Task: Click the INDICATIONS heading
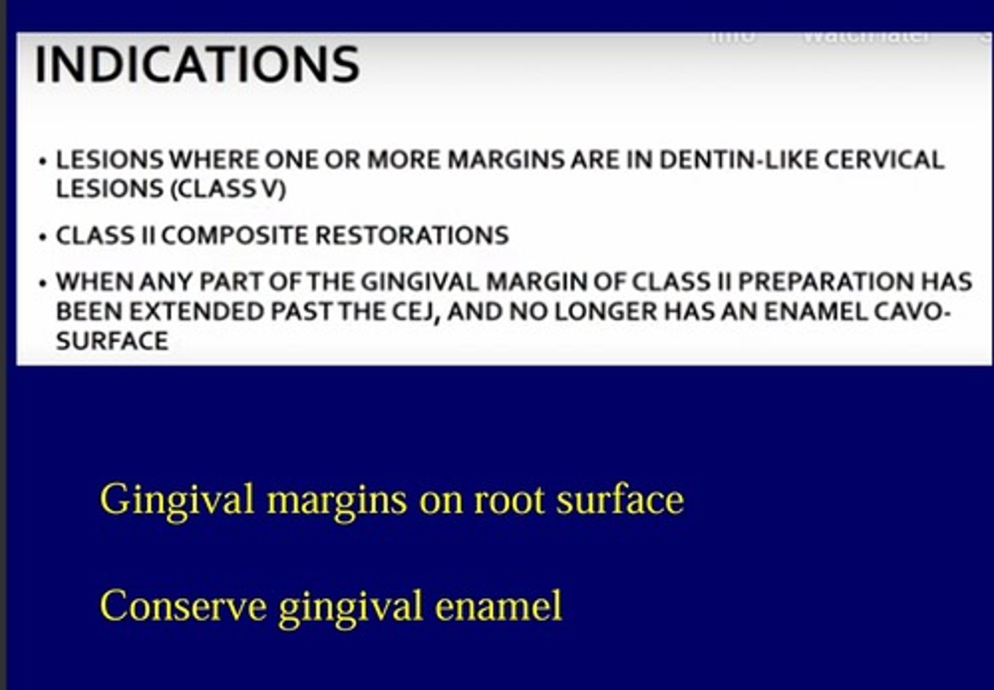(197, 64)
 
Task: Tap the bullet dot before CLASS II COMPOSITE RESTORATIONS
(43, 238)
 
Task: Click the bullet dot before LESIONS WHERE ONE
(43, 162)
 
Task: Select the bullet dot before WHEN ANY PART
(43, 284)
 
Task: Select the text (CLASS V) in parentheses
(228, 189)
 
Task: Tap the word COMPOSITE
(235, 236)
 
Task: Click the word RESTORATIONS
(412, 236)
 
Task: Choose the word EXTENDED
(197, 312)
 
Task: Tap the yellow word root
(510, 499)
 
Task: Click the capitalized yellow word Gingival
(177, 499)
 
